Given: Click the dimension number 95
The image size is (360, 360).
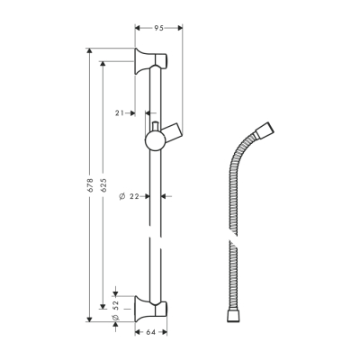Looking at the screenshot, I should [x=158, y=27].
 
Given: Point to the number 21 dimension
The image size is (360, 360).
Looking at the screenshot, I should [x=120, y=112].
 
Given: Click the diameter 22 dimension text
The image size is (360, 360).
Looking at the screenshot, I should [x=132, y=195].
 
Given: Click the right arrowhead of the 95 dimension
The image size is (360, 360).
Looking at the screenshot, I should [x=180, y=27].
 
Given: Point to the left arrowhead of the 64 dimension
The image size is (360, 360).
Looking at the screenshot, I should [x=138, y=332].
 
